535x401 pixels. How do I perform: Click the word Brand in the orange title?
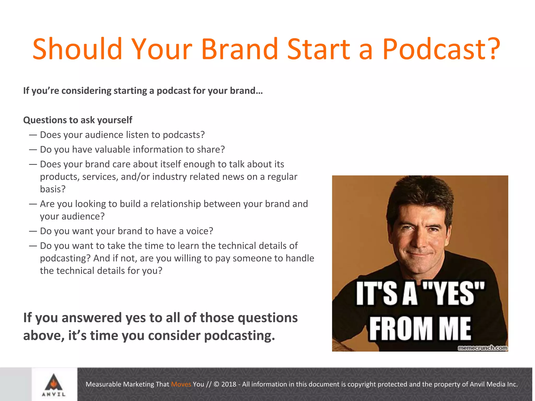point(240,49)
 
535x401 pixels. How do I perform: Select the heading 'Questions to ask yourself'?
point(78,120)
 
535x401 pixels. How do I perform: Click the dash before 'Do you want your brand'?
point(33,231)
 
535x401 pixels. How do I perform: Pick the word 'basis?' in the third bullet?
point(53,189)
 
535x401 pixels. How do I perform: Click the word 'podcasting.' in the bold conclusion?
point(239,336)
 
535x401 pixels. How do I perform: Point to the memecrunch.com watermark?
point(482,348)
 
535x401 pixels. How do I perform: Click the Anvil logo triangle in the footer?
point(54,382)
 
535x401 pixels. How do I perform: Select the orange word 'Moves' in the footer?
point(181,384)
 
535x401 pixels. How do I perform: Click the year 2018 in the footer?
point(229,384)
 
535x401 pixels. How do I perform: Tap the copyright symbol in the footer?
point(217,384)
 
